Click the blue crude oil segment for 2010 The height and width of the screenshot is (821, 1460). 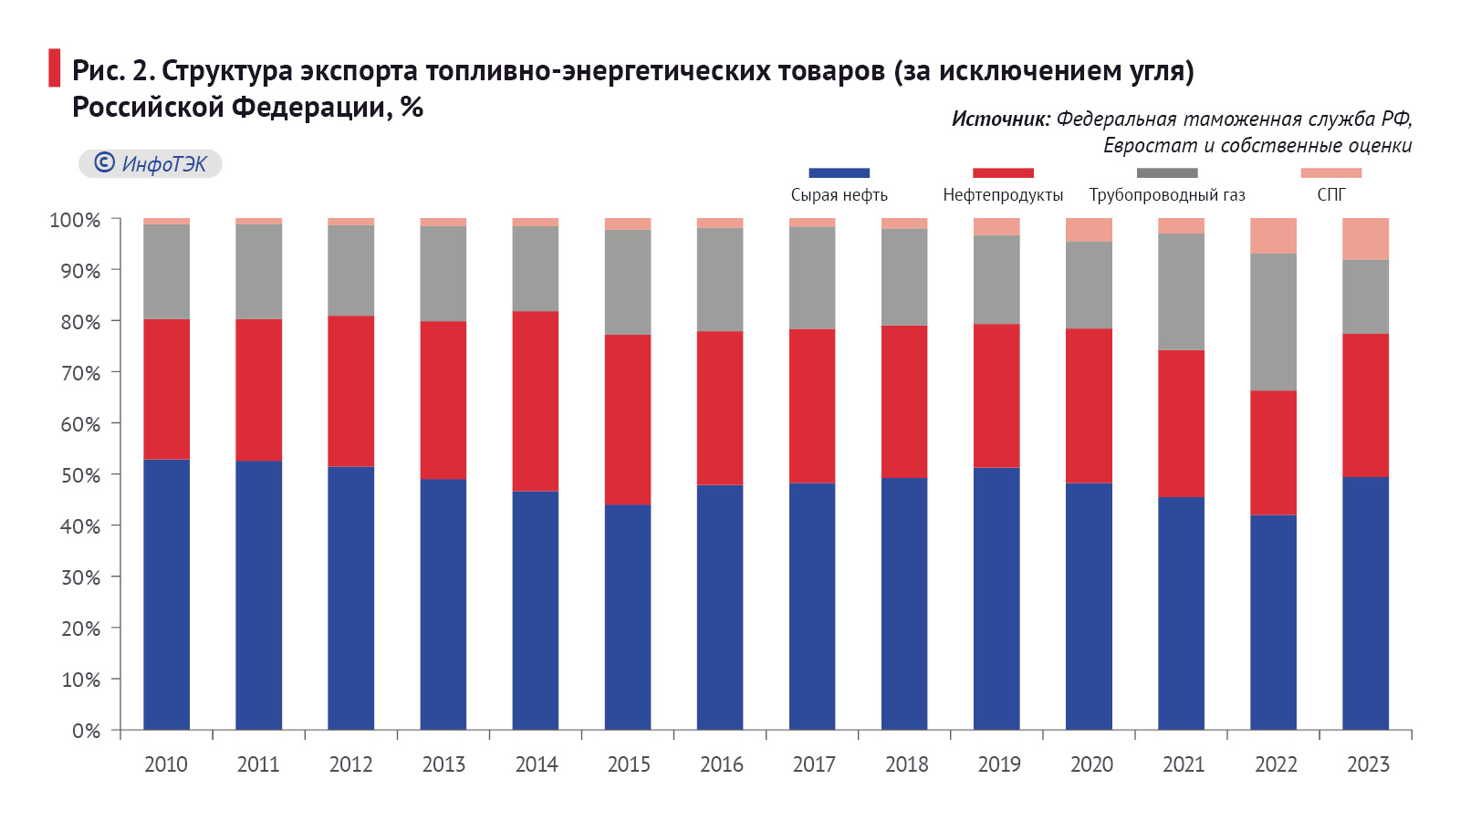coord(166,593)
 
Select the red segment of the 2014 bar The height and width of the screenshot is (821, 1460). coord(536,401)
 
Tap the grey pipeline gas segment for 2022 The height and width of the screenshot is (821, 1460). coord(1273,322)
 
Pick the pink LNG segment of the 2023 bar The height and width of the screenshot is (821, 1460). coord(1365,239)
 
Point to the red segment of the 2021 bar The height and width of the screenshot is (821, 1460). coord(1181,423)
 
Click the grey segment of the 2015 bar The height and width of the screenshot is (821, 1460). coord(628,282)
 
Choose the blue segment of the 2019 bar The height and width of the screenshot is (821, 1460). coord(996,598)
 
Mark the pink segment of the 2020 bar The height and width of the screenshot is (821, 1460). coord(1089,230)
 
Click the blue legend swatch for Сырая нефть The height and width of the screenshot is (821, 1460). coord(839,172)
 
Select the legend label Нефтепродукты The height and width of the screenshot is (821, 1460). coord(1003,195)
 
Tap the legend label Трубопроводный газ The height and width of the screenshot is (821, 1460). coord(1166,195)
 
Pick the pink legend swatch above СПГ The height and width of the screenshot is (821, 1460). coord(1330,172)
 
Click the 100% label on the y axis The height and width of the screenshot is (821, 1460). coord(75,220)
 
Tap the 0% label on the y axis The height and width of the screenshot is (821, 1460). coord(86,731)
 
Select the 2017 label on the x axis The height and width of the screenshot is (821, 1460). coord(814,764)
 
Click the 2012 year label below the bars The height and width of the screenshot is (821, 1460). coord(350,764)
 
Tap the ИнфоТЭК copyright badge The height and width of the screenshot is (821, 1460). coord(151,163)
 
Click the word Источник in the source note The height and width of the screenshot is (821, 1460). coord(1001,119)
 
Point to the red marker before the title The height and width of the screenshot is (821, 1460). coord(55,68)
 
